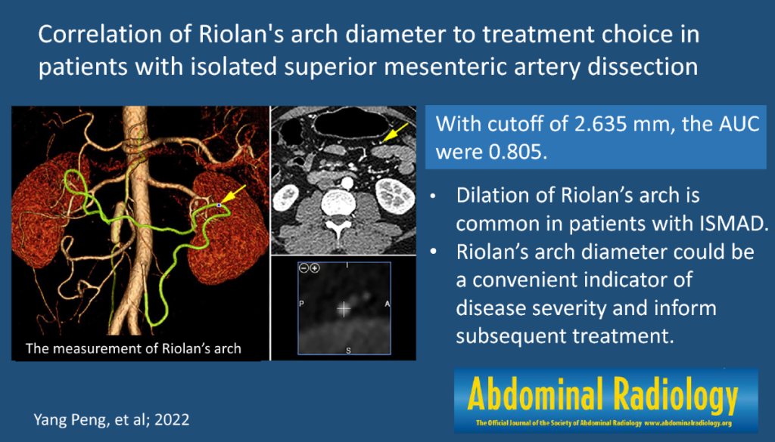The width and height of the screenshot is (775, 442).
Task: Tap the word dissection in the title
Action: point(643,66)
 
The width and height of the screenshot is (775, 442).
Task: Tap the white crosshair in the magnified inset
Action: point(344,309)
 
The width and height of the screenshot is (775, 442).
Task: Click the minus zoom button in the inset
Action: point(304,268)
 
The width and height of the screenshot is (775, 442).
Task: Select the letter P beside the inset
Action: point(302,304)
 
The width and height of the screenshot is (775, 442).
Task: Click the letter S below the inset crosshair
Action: point(348,351)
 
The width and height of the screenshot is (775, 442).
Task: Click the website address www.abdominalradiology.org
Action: point(688,423)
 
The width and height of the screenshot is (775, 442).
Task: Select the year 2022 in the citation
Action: point(172,419)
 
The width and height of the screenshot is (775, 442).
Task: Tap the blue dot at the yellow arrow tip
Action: point(219,205)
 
